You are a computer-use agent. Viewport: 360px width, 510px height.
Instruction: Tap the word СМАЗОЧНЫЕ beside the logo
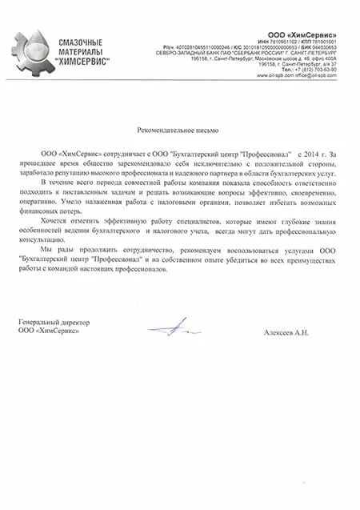pos(82,40)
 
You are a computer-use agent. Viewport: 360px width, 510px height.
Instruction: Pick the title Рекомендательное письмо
pos(177,129)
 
